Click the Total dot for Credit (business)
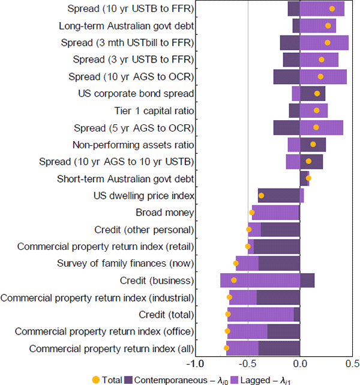point(234,280)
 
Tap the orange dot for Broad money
point(252,212)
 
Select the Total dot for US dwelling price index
point(261,195)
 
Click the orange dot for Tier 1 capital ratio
point(316,111)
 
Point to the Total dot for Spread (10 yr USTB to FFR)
point(332,8)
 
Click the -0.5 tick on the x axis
point(248,365)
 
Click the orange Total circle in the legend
point(96,379)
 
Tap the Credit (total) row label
point(166,314)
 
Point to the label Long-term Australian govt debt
point(126,26)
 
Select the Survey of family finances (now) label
point(125,263)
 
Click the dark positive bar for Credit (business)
point(307,280)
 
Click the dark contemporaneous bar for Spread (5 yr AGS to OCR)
point(287,127)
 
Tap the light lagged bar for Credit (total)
point(261,314)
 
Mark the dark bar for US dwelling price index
point(279,195)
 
